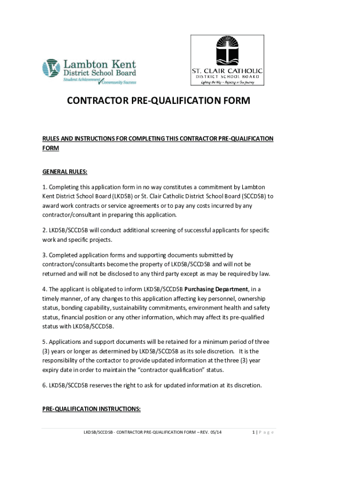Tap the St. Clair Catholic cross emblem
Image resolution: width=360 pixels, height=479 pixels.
click(227, 52)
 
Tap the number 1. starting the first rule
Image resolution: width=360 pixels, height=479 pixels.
click(45, 187)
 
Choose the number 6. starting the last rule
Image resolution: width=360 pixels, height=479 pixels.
click(45, 385)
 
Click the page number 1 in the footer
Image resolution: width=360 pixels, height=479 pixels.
click(253, 432)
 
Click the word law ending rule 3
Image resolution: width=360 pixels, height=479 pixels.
click(265, 274)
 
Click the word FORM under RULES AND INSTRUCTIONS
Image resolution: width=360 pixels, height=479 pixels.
click(51, 148)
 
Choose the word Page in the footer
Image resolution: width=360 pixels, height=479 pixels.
click(266, 432)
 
